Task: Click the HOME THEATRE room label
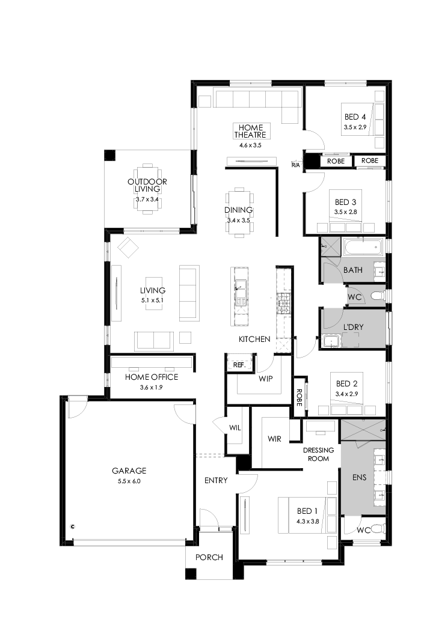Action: pyautogui.click(x=252, y=131)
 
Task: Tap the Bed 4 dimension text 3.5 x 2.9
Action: pyautogui.click(x=355, y=127)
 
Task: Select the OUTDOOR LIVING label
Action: pyautogui.click(x=147, y=185)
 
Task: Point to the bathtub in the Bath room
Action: pyautogui.click(x=363, y=246)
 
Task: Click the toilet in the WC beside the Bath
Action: pyautogui.click(x=377, y=296)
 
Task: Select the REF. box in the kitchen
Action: pyautogui.click(x=239, y=365)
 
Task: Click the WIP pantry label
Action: pyautogui.click(x=266, y=380)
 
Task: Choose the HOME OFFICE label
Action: pyautogui.click(x=152, y=377)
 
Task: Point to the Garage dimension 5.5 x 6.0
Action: pyautogui.click(x=129, y=481)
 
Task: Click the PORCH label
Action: pyautogui.click(x=209, y=557)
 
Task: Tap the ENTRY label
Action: pyautogui.click(x=216, y=480)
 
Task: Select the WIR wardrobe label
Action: pyautogui.click(x=275, y=439)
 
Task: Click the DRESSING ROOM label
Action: pyautogui.click(x=316, y=454)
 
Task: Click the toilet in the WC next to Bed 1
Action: pyautogui.click(x=376, y=529)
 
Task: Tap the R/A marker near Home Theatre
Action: pyautogui.click(x=295, y=165)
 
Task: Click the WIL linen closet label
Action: pyautogui.click(x=235, y=428)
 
